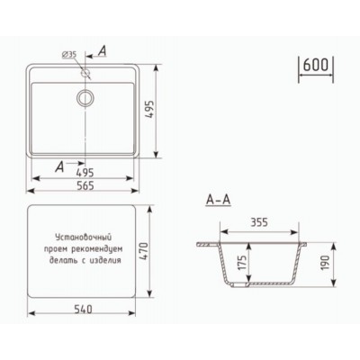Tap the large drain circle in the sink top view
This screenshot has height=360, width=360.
pyautogui.click(x=86, y=97)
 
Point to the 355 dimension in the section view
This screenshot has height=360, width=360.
pyautogui.click(x=261, y=220)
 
